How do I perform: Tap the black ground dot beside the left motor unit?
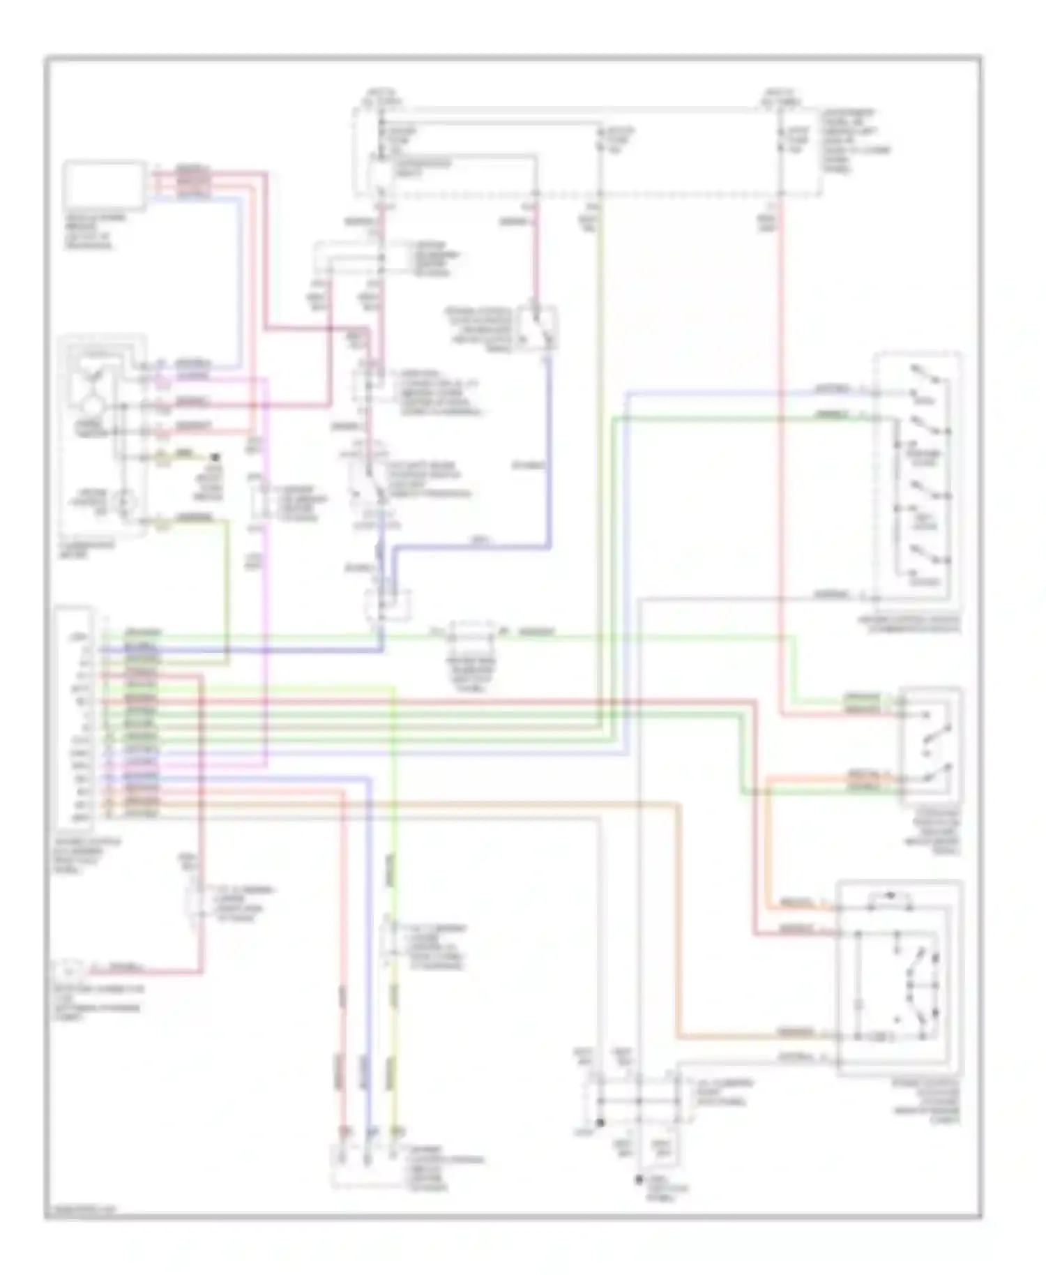pos(216,458)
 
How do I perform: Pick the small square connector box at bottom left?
pos(70,970)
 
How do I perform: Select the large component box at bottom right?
pos(900,976)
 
